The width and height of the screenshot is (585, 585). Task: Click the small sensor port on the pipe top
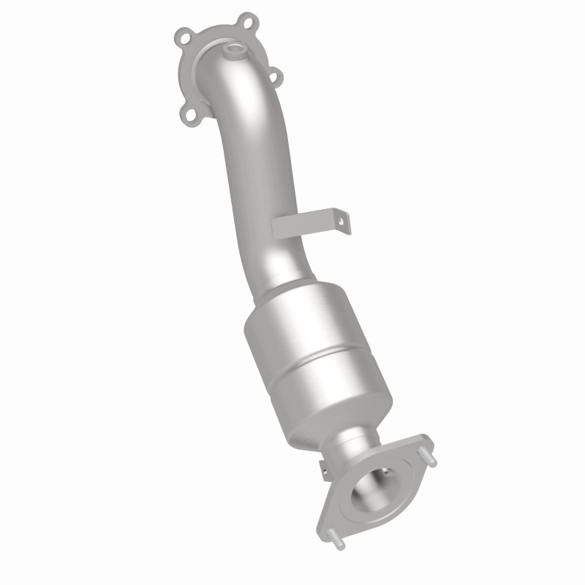[234, 52]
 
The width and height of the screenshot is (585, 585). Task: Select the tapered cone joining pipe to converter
[282, 282]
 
